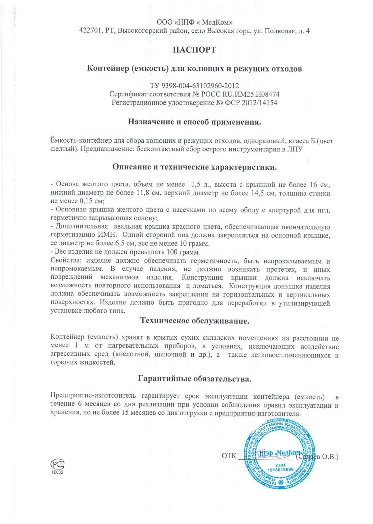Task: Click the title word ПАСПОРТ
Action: [x=194, y=50]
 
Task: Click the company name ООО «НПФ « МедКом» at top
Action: [x=195, y=22]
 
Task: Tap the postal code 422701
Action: [x=90, y=31]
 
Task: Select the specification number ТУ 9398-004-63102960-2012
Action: [x=194, y=86]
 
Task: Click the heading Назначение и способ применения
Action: [x=194, y=122]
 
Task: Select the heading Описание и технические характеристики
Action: [x=194, y=167]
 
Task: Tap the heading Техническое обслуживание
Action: [x=195, y=321]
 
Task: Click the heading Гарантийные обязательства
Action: [x=194, y=379]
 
